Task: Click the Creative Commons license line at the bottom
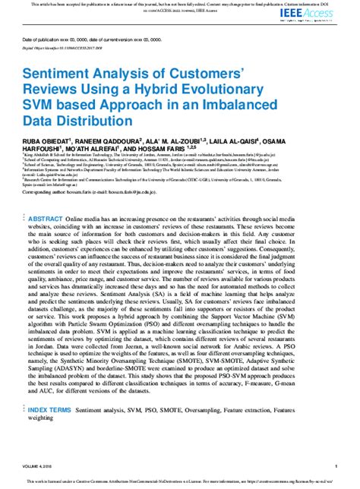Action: coord(180,481)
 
